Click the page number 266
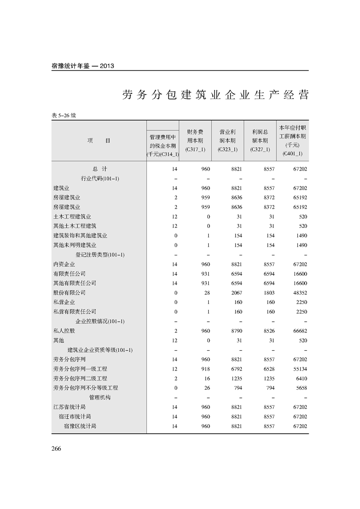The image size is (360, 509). pos(56,449)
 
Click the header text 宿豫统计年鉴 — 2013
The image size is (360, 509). pos(83,66)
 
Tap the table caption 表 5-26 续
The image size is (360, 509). pos(64,115)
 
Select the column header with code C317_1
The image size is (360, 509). pos(195,141)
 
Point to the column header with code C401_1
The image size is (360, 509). pos(292,141)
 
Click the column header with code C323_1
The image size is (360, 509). pos(227,141)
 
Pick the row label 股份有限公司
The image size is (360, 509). pos(69,293)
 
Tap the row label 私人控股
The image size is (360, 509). pos(64,331)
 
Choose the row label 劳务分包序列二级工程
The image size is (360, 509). pos(80,378)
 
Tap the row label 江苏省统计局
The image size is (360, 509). pos(69,407)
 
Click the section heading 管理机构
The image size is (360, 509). pos(100,397)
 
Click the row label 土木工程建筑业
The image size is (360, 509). pos(72,216)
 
